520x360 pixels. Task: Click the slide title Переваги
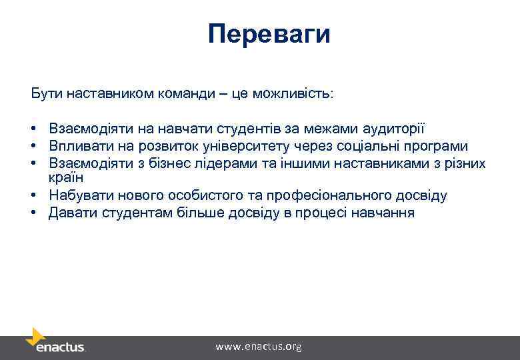point(269,33)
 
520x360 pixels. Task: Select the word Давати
point(69,213)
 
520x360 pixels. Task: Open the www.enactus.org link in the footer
point(258,347)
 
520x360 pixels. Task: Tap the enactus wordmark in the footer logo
point(61,348)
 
